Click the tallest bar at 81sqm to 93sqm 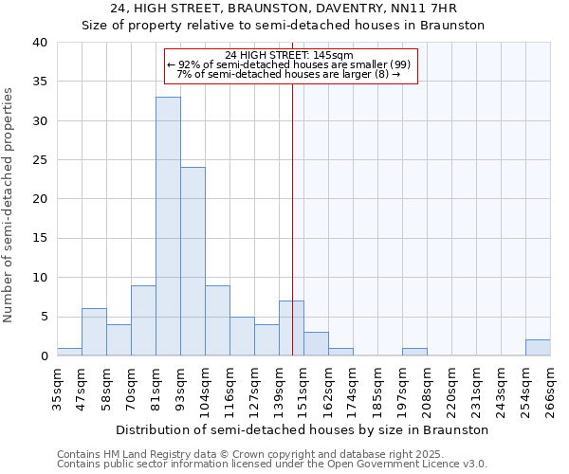click(x=168, y=227)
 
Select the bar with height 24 click(x=193, y=262)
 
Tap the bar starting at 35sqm click(x=69, y=352)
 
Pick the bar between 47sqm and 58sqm click(x=94, y=332)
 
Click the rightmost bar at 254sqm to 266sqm click(x=538, y=348)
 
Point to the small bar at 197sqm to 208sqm click(x=414, y=352)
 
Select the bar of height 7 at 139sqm click(x=291, y=328)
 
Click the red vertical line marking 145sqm click(x=292, y=218)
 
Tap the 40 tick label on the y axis click(x=39, y=43)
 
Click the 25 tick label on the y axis click(x=39, y=160)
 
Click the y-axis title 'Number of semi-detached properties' click(x=9, y=205)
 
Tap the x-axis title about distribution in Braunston click(x=303, y=429)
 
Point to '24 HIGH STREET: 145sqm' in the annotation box click(x=290, y=56)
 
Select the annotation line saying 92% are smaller click(x=290, y=65)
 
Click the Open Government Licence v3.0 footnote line click(x=272, y=465)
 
